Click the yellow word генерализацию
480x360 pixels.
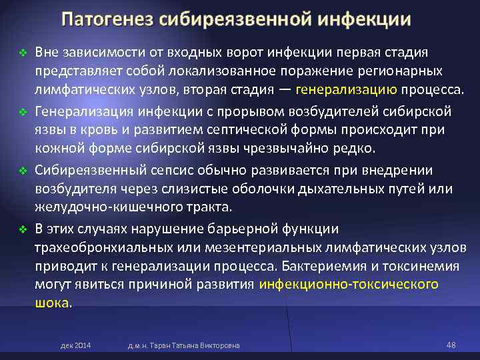coord(346,91)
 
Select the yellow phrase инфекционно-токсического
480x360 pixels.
coord(349,284)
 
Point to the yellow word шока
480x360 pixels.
coord(52,302)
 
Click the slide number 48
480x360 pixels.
coord(450,345)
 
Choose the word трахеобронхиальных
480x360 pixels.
coord(94,247)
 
